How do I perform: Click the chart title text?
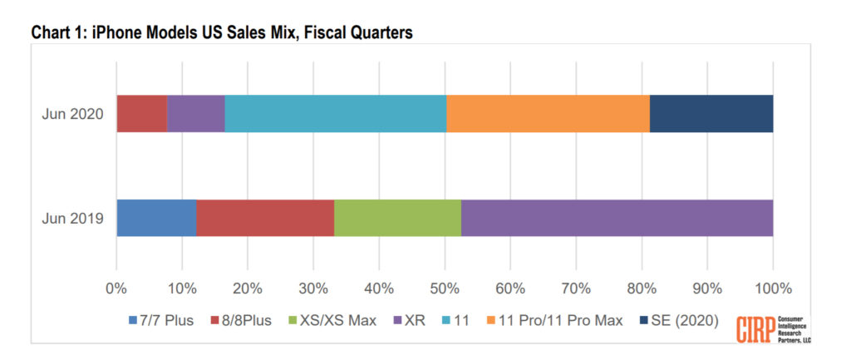click(222, 32)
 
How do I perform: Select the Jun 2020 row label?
click(72, 114)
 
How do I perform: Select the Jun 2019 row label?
click(72, 219)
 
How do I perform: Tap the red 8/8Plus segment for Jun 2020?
click(141, 114)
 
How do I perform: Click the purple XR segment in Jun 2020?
click(195, 114)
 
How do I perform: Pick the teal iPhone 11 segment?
click(335, 114)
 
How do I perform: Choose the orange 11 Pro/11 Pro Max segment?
click(548, 114)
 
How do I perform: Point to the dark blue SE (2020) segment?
click(711, 114)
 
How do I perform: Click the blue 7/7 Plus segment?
click(156, 219)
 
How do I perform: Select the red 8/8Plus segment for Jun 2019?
click(265, 219)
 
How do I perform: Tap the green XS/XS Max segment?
click(397, 219)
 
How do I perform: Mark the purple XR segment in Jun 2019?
click(617, 219)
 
